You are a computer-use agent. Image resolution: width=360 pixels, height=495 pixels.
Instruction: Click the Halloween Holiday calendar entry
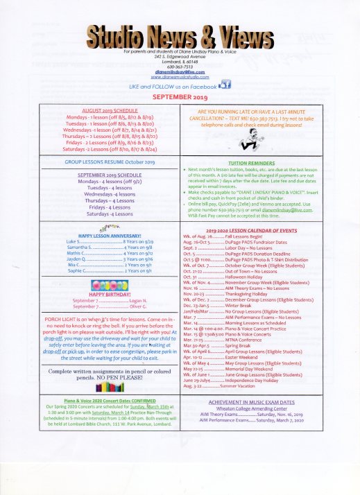(232, 277)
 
